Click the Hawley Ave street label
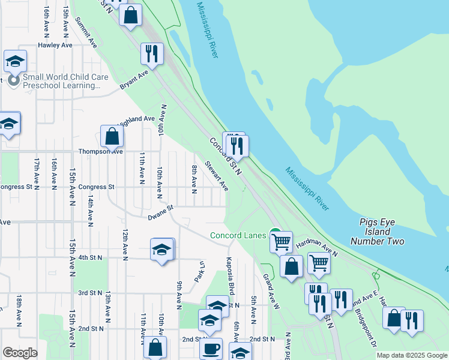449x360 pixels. tap(55, 45)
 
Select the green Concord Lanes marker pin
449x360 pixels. tap(275, 233)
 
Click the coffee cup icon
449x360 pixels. tap(211, 349)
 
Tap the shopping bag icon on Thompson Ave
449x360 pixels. tap(112, 136)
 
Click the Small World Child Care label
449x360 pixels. tap(61, 82)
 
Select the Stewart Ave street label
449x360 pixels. tap(216, 176)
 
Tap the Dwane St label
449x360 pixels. tap(161, 208)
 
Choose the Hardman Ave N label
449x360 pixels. tap(318, 245)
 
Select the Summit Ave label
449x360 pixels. tap(86, 32)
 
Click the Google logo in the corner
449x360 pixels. tap(20, 353)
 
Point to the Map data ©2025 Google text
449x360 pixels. tap(412, 355)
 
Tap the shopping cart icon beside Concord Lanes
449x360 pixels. tap(281, 242)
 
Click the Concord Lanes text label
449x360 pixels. tap(238, 235)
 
